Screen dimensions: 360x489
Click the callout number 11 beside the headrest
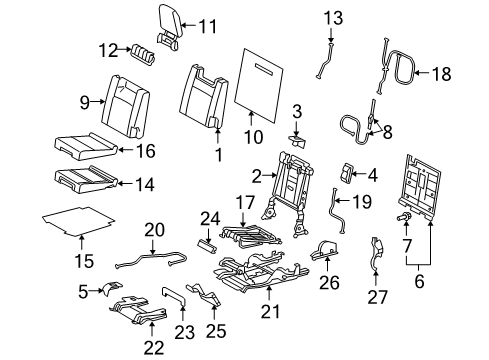pos(207,26)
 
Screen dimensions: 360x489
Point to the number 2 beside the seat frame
pos(257,177)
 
